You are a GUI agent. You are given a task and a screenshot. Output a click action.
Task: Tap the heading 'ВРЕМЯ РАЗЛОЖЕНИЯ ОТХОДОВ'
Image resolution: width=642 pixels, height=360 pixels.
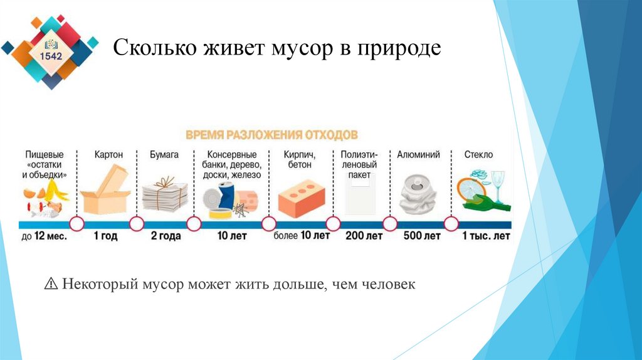coord(271,135)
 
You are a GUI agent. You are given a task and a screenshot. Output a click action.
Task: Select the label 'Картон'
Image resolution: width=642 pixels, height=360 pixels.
coord(108,154)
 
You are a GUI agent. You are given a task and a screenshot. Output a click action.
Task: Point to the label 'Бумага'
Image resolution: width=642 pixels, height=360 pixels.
coord(164,154)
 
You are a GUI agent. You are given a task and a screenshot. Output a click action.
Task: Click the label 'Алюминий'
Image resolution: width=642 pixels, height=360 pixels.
coord(418,154)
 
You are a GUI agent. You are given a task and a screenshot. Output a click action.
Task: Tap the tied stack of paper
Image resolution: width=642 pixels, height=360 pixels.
coord(164,194)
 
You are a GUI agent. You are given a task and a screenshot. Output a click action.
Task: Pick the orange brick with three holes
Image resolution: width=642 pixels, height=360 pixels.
coord(300,196)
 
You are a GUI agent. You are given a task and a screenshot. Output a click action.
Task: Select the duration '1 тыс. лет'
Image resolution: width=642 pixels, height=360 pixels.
coord(486,236)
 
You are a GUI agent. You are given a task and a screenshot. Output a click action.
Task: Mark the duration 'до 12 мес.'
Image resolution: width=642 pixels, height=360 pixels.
coord(44,236)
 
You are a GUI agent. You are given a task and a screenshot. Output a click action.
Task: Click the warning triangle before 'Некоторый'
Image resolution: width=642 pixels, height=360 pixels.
coord(51,285)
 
